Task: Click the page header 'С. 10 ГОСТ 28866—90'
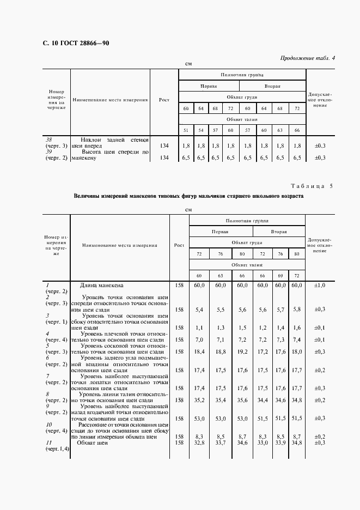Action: tap(68, 43)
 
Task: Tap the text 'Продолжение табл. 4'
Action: tap(308, 58)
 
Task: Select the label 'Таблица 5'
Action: tap(315, 186)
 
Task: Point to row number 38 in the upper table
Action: tap(48, 139)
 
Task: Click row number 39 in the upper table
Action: tap(48, 151)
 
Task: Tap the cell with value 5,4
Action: tap(199, 309)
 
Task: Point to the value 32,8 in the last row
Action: tap(199, 443)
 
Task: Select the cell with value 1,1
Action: tap(199, 327)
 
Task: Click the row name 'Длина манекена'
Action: tap(102, 285)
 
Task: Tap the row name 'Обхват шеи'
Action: tap(93, 443)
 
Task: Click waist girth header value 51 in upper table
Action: tap(186, 130)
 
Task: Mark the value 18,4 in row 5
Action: tap(199, 352)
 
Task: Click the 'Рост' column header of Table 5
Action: tap(179, 245)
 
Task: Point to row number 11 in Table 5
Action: tap(47, 443)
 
